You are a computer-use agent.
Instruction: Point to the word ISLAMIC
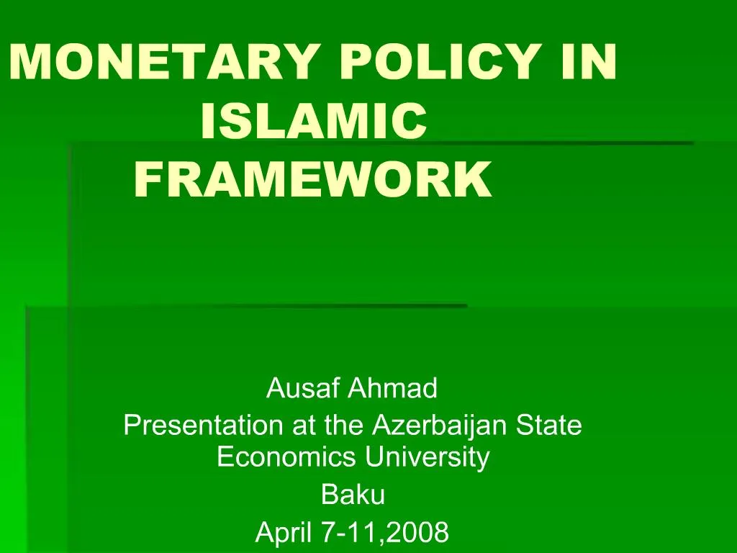313,121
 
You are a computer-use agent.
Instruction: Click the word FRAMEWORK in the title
313,180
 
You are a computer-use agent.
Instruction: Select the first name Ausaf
303,389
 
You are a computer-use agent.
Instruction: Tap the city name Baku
353,495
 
